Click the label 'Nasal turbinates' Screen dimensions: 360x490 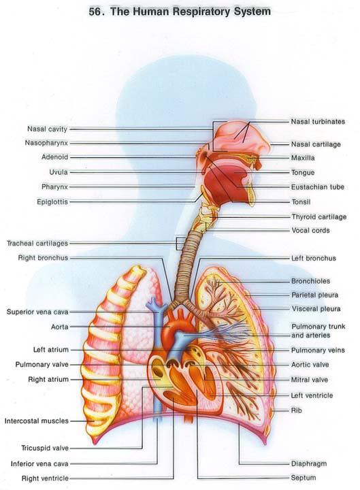(x=318, y=122)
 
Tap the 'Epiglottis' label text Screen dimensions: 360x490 (x=52, y=202)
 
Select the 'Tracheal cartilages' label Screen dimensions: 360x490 (x=37, y=243)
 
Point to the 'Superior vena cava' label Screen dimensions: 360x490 (x=37, y=312)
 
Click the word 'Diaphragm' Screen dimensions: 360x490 (x=309, y=463)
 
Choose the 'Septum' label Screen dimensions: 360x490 (x=303, y=478)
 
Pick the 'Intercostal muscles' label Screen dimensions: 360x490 (x=36, y=421)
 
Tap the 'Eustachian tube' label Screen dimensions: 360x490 (x=318, y=187)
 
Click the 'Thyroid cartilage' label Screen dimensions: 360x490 (x=318, y=216)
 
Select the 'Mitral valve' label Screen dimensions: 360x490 (x=310, y=380)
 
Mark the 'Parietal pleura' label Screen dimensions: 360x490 (x=314, y=295)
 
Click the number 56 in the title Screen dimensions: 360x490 (x=95, y=12)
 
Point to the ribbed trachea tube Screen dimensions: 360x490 (x=186, y=265)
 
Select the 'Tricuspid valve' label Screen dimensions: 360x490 (x=45, y=448)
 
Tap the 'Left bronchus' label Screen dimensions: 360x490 (x=314, y=258)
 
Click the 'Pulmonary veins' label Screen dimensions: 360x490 (x=318, y=350)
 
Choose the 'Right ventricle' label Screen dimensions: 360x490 (x=45, y=478)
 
